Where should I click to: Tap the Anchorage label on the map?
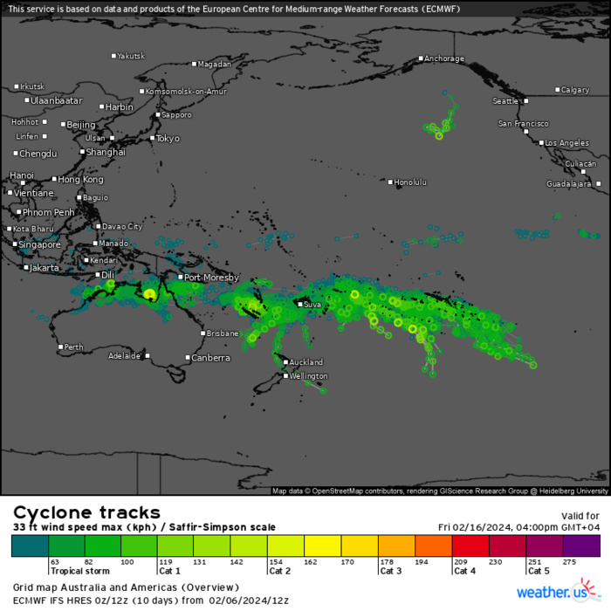coord(443,58)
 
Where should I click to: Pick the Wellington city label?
coord(309,376)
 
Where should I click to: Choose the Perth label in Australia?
coord(74,347)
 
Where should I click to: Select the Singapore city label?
coord(39,244)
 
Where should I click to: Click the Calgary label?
coord(574,90)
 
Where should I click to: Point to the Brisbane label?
coord(223,333)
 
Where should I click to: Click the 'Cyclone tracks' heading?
coord(86,512)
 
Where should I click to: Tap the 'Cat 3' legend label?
coord(390,571)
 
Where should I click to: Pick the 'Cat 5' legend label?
coord(538,571)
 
